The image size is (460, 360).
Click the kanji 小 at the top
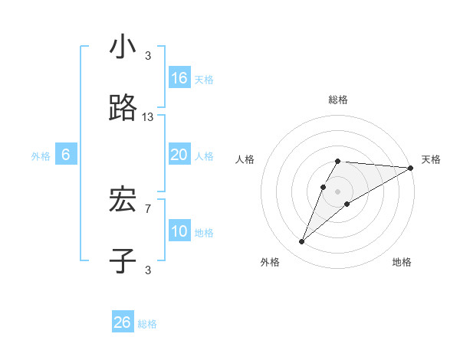(x=123, y=48)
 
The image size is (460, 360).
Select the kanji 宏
(x=123, y=201)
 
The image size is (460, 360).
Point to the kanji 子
(x=123, y=260)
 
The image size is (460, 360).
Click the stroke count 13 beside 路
(x=148, y=117)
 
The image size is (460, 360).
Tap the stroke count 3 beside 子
(x=148, y=270)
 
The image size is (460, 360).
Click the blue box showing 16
(x=179, y=78)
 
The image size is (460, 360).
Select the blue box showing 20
(x=179, y=155)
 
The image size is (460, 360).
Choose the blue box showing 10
(x=179, y=231)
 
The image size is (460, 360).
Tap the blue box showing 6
(x=66, y=155)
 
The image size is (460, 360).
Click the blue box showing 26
(x=123, y=322)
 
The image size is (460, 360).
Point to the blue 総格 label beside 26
(x=147, y=324)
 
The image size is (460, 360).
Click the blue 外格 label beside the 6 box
(x=41, y=156)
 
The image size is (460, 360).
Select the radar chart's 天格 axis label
(x=431, y=159)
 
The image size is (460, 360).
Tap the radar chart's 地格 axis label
(x=402, y=262)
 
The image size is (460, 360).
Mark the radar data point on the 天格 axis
(x=410, y=168)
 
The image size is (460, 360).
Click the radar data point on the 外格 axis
(x=302, y=242)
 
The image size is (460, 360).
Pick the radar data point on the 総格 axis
(x=337, y=162)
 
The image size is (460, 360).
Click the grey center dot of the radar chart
(x=337, y=191)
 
